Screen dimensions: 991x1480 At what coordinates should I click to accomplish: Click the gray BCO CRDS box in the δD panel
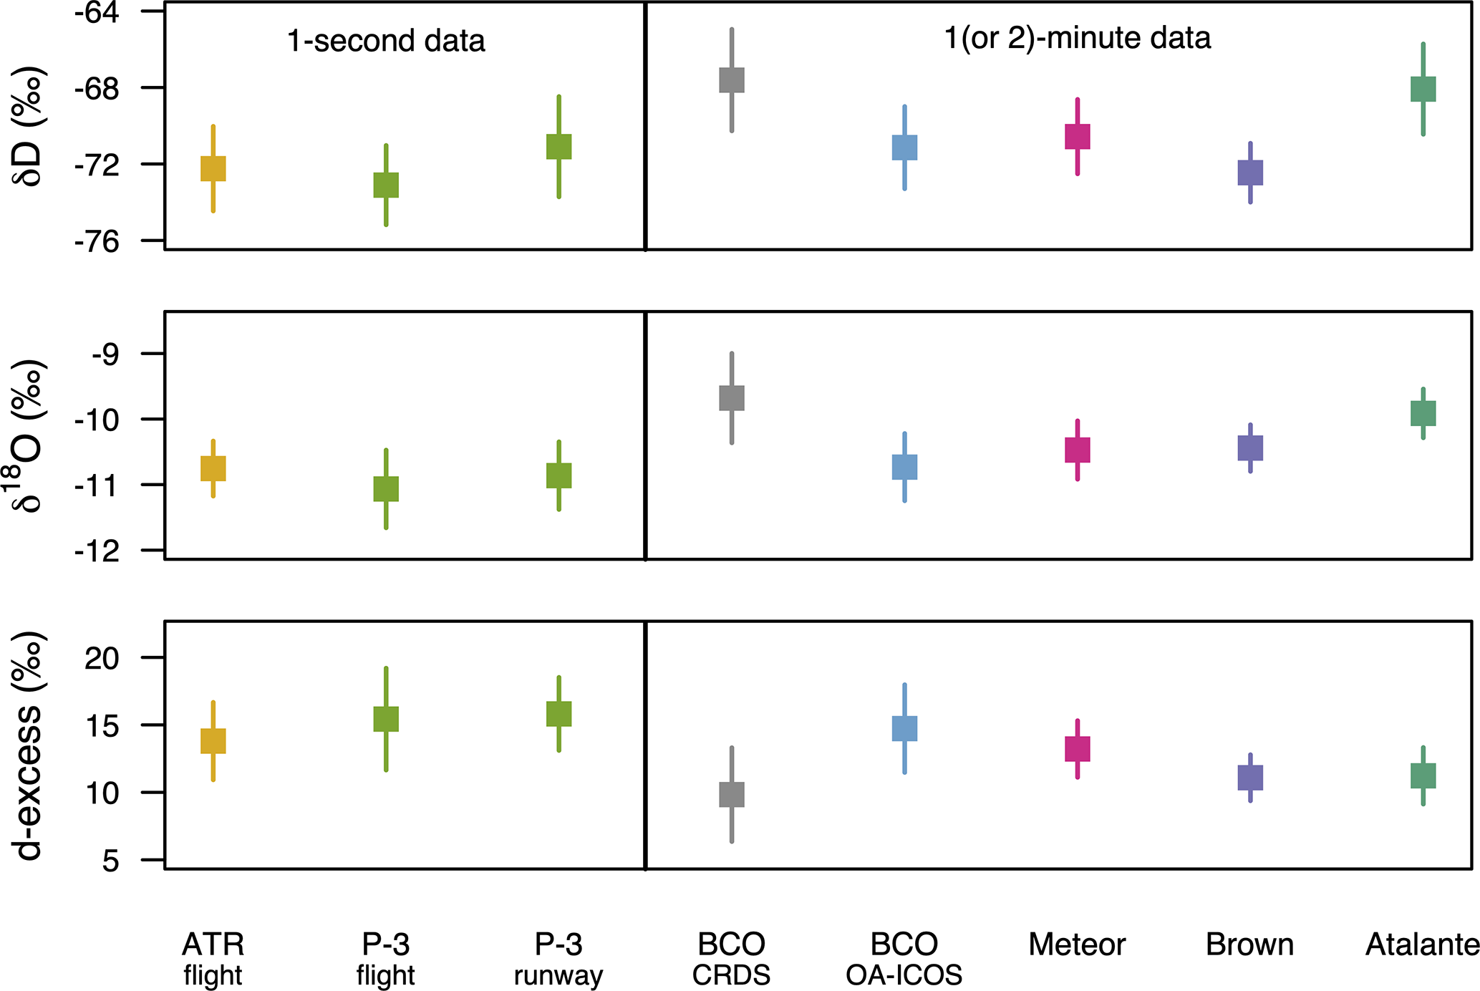[x=731, y=80]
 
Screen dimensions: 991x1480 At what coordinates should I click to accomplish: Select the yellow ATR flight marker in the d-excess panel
[x=213, y=741]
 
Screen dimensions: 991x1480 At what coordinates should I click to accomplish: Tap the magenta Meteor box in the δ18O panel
[x=1077, y=450]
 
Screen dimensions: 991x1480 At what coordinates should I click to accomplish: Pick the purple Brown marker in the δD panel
[x=1250, y=173]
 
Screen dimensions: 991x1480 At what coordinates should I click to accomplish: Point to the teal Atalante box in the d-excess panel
[x=1423, y=775]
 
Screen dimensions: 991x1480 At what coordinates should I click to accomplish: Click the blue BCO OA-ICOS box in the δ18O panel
[x=904, y=467]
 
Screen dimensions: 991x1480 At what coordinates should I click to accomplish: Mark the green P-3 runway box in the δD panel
[x=558, y=147]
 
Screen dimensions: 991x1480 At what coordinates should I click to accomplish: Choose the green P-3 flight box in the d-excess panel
[x=386, y=719]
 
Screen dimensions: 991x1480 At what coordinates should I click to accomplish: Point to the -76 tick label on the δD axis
[x=97, y=242]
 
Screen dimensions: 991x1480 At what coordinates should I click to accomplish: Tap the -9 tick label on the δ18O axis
[x=105, y=354]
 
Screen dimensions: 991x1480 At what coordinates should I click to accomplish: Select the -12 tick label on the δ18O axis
[x=97, y=551]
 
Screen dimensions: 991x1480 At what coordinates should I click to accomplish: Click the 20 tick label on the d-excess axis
[x=102, y=658]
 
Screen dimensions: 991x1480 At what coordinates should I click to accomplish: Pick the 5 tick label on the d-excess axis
[x=110, y=861]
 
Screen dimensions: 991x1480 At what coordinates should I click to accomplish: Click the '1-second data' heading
[x=386, y=41]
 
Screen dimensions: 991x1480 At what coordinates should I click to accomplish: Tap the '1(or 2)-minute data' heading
[x=1077, y=38]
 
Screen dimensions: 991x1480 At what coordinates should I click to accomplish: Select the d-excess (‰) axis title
[x=29, y=745]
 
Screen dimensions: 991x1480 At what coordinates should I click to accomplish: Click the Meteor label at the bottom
[x=1077, y=945]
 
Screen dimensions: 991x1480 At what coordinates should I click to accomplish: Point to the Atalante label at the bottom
[x=1422, y=945]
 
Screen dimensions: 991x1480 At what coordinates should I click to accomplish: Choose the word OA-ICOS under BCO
[x=904, y=975]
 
